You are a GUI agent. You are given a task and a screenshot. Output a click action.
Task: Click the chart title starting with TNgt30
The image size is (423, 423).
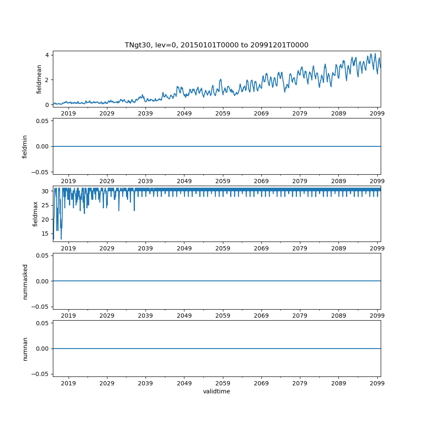[x=216, y=45]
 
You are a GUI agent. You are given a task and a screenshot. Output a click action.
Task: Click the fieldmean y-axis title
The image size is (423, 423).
[x=39, y=79]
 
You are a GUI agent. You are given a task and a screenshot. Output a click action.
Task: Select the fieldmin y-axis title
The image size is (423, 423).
[x=25, y=146]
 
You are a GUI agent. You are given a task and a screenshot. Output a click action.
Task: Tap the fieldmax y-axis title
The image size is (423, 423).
[x=36, y=214]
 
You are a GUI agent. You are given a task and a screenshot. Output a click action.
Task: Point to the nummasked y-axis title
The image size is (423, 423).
[x=25, y=281]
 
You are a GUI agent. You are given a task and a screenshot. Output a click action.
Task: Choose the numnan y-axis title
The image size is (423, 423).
[x=25, y=349]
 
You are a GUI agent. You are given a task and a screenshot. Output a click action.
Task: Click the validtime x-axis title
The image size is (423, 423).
[x=216, y=391]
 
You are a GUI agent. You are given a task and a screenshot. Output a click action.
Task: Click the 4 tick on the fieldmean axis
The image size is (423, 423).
[x=47, y=55]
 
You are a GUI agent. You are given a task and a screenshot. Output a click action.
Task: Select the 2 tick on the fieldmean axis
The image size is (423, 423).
[x=47, y=80]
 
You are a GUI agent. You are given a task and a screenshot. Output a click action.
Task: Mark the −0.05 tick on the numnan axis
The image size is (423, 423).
[x=41, y=374]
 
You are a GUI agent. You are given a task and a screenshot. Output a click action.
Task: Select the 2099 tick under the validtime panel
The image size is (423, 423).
[x=377, y=383]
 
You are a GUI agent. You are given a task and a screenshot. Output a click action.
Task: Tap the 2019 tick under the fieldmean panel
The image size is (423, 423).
[x=69, y=113]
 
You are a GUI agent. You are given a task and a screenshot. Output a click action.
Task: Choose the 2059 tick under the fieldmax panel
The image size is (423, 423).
[x=222, y=248]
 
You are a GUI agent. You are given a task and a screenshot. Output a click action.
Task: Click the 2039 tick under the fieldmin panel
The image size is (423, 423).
[x=146, y=181]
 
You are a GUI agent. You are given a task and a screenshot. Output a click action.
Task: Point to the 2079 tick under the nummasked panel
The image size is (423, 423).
[x=300, y=316]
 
